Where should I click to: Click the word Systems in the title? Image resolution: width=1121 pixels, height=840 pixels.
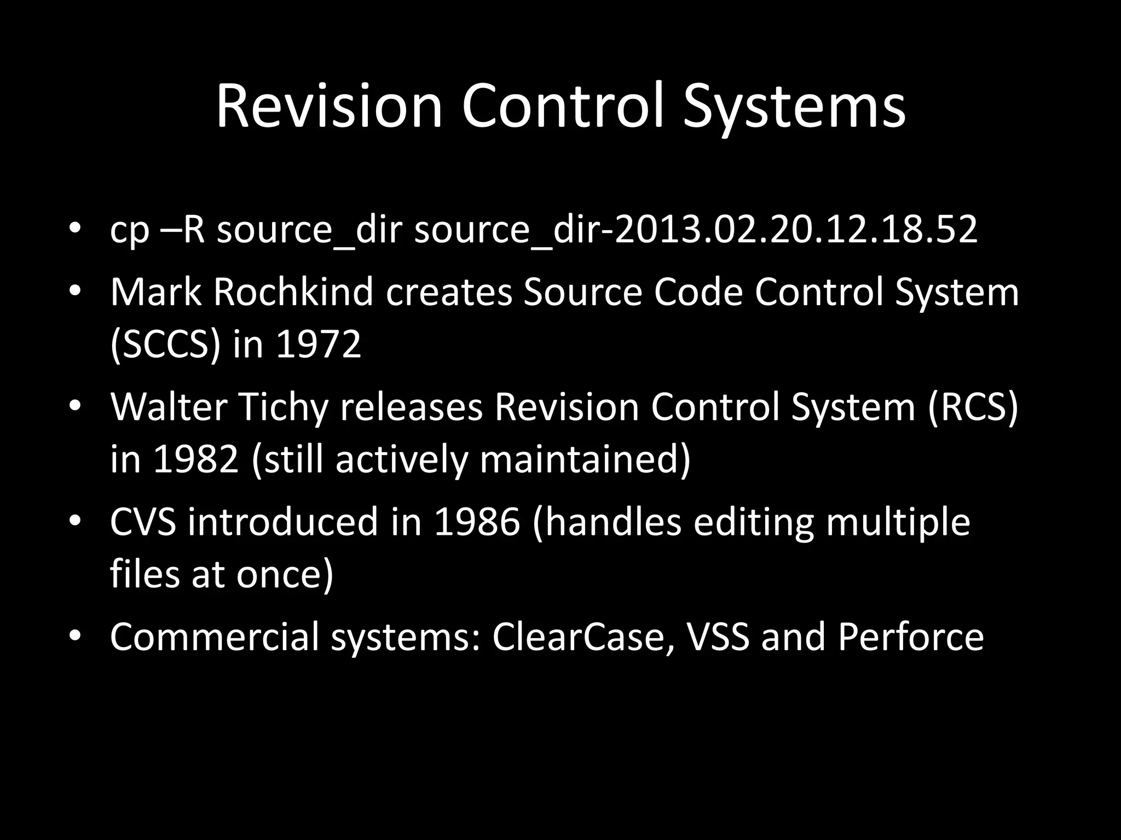tap(794, 107)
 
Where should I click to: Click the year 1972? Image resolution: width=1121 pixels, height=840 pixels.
tap(319, 345)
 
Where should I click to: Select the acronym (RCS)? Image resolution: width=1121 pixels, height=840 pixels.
tap(973, 407)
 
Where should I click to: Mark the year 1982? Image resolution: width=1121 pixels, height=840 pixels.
tap(196, 460)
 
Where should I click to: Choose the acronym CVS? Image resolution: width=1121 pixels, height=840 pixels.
tap(143, 522)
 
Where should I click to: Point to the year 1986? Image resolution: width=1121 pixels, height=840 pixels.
tap(476, 522)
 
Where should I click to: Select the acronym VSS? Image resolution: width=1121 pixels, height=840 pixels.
tap(717, 637)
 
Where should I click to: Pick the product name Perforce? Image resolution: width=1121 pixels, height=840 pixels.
tap(910, 637)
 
